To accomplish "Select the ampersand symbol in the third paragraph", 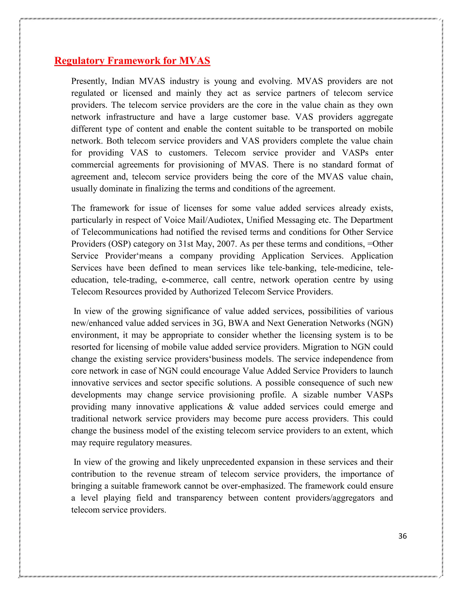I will (231, 407).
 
